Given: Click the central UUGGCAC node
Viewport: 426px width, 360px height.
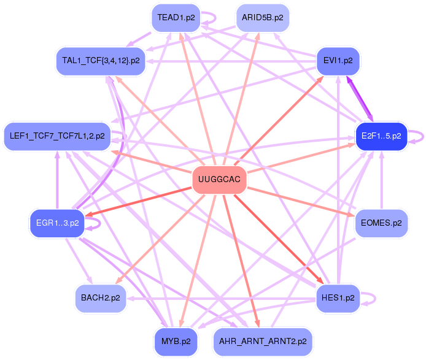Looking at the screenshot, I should [219, 180].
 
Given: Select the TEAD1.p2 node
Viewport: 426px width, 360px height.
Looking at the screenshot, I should [176, 18].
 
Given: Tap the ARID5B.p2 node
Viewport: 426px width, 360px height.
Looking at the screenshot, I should [262, 18].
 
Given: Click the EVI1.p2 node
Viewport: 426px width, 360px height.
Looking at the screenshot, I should [338, 61].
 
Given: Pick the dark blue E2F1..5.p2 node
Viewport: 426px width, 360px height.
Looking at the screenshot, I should [381, 136].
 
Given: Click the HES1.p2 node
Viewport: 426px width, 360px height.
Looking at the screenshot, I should [338, 299].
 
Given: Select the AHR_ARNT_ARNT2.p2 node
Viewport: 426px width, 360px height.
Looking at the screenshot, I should [262, 342].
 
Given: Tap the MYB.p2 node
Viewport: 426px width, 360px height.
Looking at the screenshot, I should [176, 342].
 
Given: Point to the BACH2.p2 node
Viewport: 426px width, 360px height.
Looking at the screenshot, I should [101, 299].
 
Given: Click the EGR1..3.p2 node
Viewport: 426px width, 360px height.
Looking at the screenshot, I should [57, 223].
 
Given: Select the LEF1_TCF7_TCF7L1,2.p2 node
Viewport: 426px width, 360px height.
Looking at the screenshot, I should [57, 136].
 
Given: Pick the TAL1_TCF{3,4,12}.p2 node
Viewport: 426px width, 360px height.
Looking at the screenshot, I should [101, 61].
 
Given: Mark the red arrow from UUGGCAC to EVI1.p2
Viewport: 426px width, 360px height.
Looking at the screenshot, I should [282, 116].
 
